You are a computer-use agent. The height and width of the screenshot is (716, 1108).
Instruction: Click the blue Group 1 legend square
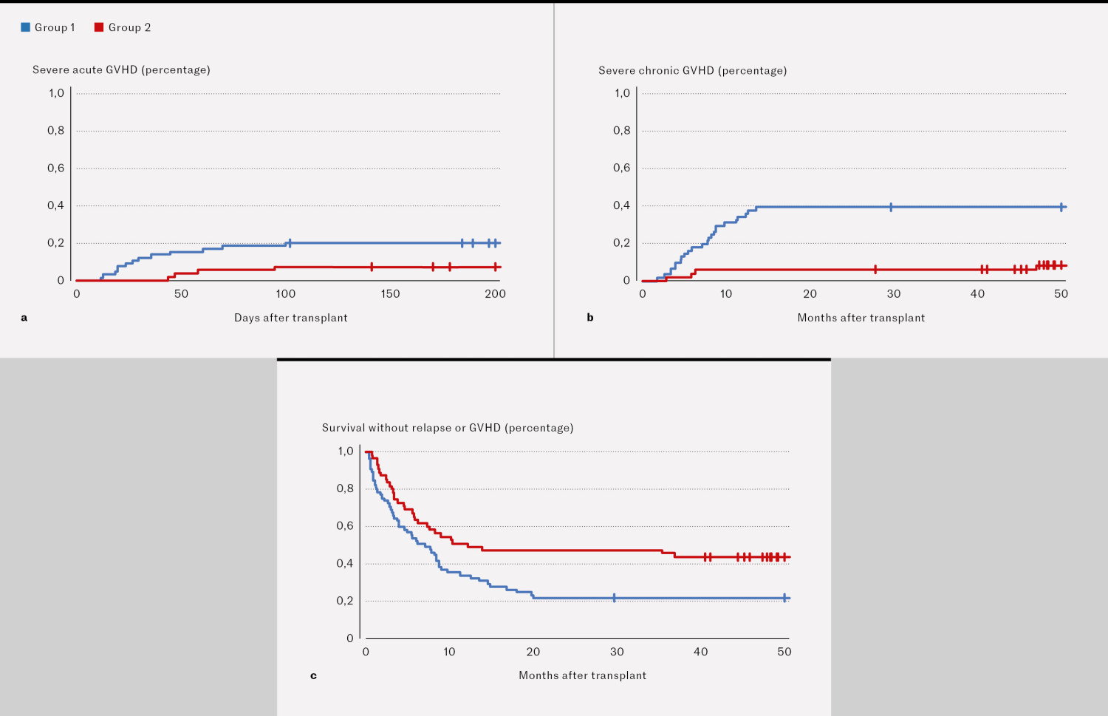[25, 27]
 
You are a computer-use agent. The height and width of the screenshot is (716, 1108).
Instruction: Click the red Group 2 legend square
[99, 27]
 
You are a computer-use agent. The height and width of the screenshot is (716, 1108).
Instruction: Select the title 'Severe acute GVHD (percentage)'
[121, 69]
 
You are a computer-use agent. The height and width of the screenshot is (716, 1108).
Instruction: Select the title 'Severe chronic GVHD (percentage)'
[692, 70]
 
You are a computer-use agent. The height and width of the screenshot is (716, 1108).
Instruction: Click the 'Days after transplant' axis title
[290, 318]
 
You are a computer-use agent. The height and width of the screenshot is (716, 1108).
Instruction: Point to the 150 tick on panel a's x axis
[390, 294]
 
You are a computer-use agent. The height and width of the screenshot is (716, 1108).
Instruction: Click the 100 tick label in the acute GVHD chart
[286, 294]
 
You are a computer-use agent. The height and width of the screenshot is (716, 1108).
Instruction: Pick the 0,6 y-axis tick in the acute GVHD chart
[56, 168]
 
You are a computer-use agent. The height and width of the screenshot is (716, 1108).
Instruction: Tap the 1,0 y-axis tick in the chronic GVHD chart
[622, 93]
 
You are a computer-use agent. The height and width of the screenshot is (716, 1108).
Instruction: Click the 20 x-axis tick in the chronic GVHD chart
[810, 294]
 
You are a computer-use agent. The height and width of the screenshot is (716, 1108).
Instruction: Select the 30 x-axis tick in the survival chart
[617, 652]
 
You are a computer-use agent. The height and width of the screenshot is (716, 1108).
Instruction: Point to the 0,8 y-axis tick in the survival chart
[345, 488]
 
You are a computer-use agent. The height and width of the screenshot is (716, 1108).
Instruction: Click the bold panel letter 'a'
[24, 318]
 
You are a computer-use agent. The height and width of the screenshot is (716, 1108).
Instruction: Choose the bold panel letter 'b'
[590, 318]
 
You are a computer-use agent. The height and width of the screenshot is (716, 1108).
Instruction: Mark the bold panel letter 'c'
[313, 675]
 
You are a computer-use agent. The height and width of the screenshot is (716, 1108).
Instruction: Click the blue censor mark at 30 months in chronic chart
[891, 207]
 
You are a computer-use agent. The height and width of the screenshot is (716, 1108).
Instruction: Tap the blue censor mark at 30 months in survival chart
[614, 598]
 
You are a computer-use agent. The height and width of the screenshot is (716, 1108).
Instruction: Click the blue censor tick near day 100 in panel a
[290, 243]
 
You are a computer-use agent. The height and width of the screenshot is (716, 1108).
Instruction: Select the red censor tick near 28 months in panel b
[875, 270]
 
